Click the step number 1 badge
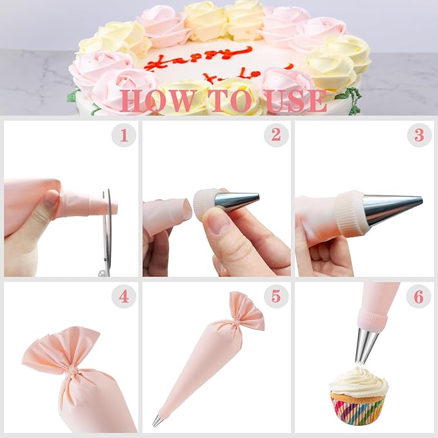point(124,135)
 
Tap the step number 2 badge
point(276,135)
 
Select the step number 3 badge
point(419,135)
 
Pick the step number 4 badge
point(124,297)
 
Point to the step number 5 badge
point(276,297)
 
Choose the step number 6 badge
point(419,297)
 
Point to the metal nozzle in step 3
point(391,208)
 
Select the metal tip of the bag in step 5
point(157,421)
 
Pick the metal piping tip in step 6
point(366,346)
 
